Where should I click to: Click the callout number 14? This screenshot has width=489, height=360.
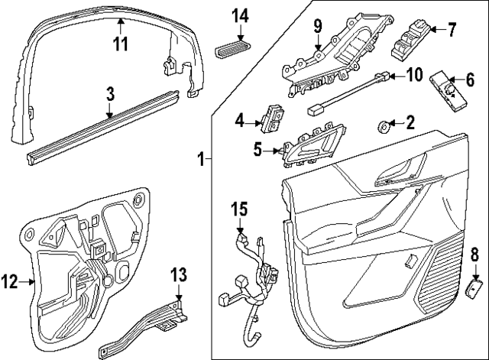pos(241,15)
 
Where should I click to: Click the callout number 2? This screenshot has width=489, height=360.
pos(410,121)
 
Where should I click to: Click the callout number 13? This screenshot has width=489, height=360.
pos(178,274)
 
